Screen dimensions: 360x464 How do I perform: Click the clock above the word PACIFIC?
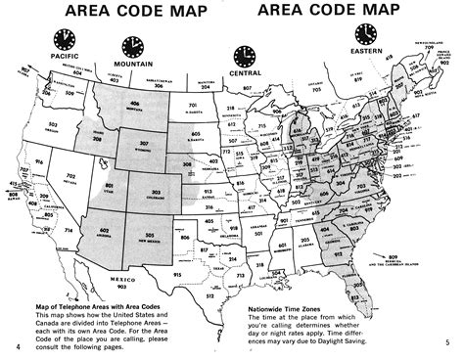click(65, 38)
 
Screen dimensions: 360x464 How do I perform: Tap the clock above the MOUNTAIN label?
click(132, 46)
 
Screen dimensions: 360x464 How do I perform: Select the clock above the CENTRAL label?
click(242, 56)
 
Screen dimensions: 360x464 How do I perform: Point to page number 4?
click(19, 343)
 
